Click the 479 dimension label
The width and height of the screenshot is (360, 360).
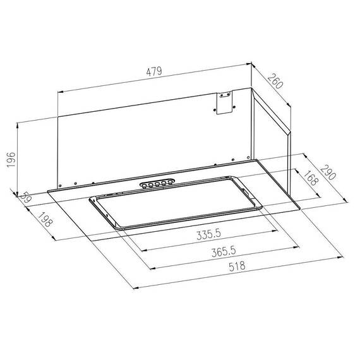[154, 71]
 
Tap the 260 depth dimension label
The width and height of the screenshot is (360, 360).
[275, 81]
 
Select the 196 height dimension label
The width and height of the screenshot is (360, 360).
[11, 160]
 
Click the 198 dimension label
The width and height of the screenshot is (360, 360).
[45, 219]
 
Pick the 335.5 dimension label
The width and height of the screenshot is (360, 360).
[208, 234]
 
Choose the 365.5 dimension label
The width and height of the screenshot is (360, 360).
[224, 251]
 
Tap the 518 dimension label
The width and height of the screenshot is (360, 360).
[237, 267]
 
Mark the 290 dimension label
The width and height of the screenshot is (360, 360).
[328, 172]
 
